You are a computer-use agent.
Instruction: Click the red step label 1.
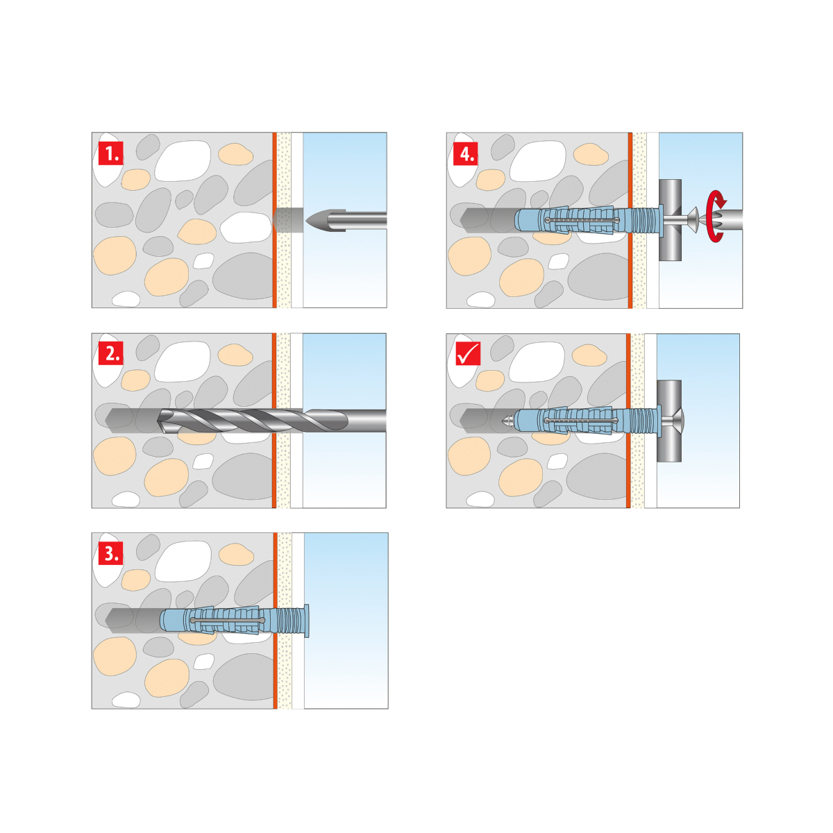click(111, 153)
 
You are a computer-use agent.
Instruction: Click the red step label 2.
click(111, 353)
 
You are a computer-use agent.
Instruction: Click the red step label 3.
click(111, 553)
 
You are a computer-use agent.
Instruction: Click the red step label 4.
click(466, 153)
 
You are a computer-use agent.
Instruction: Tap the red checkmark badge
click(468, 353)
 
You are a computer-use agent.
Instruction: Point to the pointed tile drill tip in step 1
click(318, 220)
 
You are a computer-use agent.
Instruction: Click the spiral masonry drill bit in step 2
click(271, 421)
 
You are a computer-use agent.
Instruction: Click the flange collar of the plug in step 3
click(307, 621)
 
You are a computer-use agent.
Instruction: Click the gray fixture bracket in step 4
click(670, 220)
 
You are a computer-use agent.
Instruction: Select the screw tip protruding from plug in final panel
click(507, 420)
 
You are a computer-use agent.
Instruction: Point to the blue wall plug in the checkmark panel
click(588, 420)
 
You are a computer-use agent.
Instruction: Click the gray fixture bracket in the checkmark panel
click(669, 421)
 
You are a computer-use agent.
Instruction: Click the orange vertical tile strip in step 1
click(274, 220)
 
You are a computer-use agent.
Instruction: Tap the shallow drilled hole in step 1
click(288, 220)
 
